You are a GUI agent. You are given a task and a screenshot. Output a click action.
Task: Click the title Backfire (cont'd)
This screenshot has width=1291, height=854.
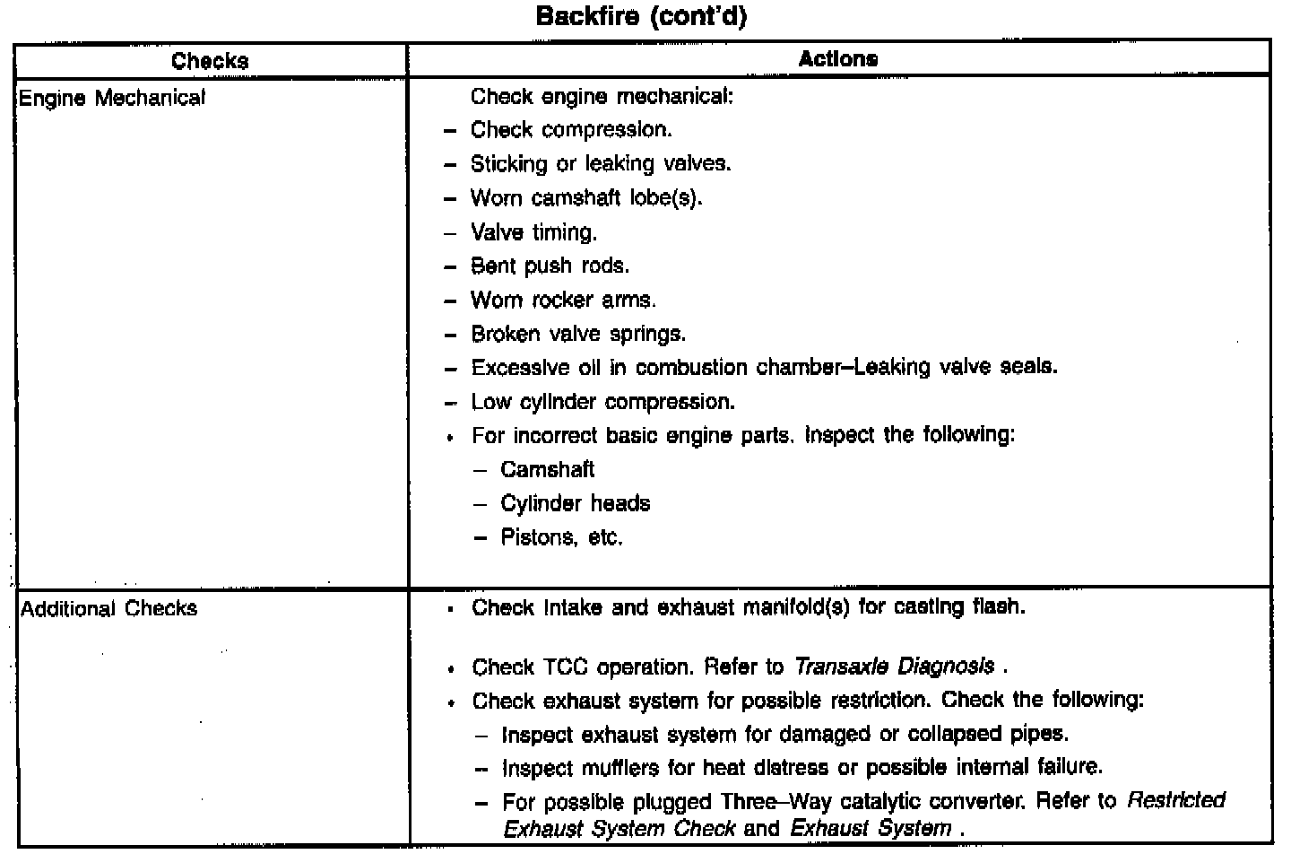pyautogui.click(x=640, y=17)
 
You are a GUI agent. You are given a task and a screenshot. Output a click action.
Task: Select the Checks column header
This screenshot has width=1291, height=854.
pyautogui.click(x=210, y=61)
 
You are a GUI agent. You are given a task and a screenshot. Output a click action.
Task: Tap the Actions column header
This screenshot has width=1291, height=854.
pyautogui.click(x=838, y=59)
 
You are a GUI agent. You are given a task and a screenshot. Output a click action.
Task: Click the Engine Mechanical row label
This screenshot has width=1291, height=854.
pyautogui.click(x=112, y=98)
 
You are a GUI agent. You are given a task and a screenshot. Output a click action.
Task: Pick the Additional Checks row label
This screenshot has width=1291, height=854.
pyautogui.click(x=108, y=608)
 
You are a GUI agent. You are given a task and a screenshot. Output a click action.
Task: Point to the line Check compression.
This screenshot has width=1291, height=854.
pyautogui.click(x=571, y=130)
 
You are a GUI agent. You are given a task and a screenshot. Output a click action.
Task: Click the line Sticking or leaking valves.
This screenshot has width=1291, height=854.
pyautogui.click(x=601, y=164)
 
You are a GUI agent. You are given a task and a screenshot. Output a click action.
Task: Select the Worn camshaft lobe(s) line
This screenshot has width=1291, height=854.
pyautogui.click(x=586, y=197)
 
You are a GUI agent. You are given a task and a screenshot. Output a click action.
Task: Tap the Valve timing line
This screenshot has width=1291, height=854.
pyautogui.click(x=533, y=232)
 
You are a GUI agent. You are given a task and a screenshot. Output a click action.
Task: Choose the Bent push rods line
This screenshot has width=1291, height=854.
pyautogui.click(x=550, y=266)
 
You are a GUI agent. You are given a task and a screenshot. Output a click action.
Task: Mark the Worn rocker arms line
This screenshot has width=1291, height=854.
pyautogui.click(x=563, y=300)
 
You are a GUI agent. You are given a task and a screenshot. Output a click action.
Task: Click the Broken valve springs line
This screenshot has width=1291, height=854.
pyautogui.click(x=578, y=334)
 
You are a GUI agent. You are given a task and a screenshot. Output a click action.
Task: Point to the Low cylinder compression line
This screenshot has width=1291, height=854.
pyautogui.click(x=602, y=402)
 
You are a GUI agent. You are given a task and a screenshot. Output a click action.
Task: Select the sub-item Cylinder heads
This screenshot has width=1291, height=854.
pyautogui.click(x=575, y=503)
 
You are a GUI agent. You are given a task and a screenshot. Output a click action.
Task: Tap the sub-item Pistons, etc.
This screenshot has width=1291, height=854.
pyautogui.click(x=561, y=537)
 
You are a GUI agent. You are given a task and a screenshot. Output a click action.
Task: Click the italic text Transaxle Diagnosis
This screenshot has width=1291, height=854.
pyautogui.click(x=894, y=667)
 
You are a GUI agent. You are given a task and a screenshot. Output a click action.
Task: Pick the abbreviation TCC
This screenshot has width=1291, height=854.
pyautogui.click(x=565, y=667)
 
